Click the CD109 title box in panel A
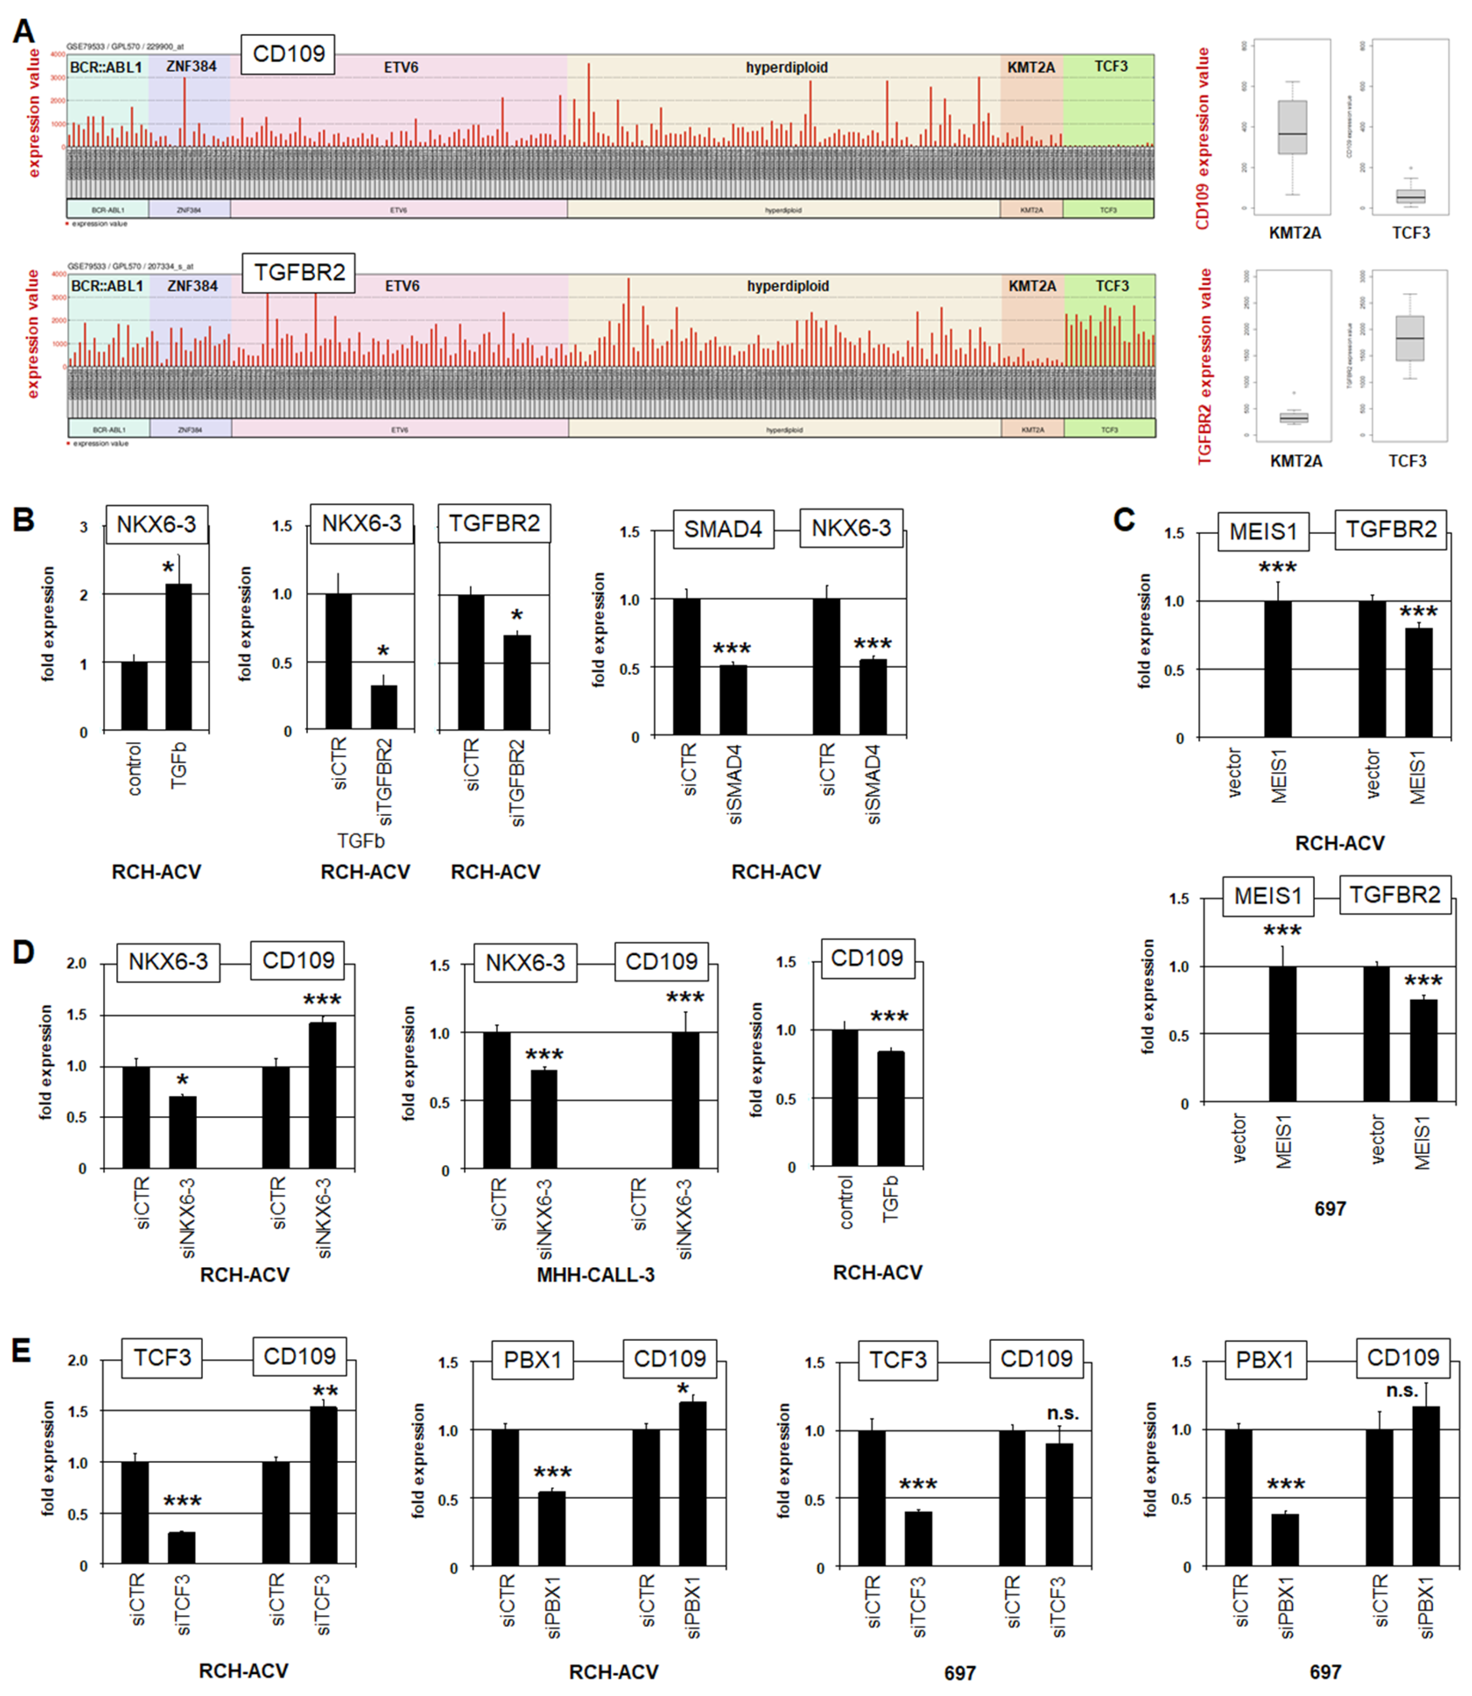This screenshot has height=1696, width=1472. click(x=288, y=54)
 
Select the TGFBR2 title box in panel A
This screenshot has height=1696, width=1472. click(x=299, y=272)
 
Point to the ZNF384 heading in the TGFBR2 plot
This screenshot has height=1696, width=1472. click(x=192, y=286)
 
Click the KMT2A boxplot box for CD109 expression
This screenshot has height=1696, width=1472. click(x=1292, y=128)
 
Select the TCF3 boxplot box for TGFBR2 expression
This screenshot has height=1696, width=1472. click(x=1410, y=338)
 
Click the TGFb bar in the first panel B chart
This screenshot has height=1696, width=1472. click(x=178, y=657)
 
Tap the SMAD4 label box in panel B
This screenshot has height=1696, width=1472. click(x=723, y=529)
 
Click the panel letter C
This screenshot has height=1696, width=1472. click(x=1124, y=520)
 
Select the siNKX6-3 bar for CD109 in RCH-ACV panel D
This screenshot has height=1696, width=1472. click(x=323, y=1095)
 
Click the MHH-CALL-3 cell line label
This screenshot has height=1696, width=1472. click(x=595, y=1274)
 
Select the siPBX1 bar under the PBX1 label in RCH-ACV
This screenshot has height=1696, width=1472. click(x=551, y=1528)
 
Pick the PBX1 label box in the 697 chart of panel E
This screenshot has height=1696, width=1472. click(x=1265, y=1360)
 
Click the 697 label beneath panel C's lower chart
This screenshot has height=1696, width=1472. click(x=1330, y=1208)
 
